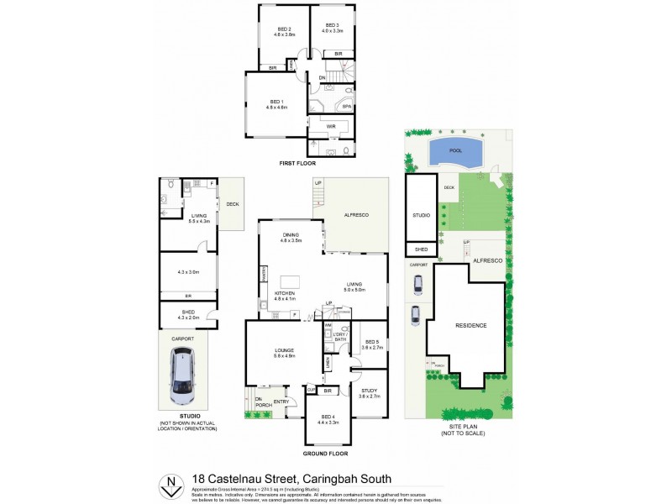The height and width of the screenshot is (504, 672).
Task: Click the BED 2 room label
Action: [283, 31]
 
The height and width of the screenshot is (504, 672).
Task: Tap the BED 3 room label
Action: [332, 27]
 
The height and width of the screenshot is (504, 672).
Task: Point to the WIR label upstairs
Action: [331, 127]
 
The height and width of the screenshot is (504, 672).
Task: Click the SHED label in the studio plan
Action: [188, 312]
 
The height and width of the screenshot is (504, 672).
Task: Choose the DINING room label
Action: [291, 236]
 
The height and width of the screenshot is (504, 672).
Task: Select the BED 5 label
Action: [370, 342]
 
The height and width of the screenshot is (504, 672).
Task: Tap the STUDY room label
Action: [370, 390]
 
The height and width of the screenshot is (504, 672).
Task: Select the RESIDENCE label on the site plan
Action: [470, 324]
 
